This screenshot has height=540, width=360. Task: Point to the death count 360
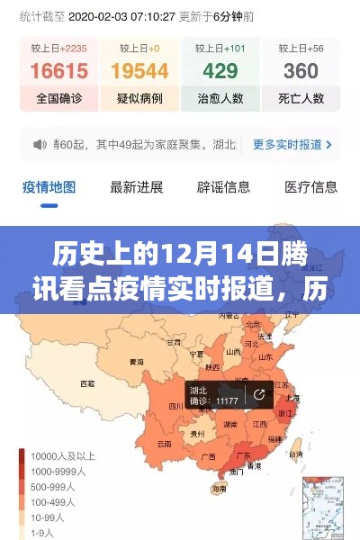coord(301,70)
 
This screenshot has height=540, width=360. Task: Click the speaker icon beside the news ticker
coord(39,144)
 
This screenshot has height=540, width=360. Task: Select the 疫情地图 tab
coord(49,187)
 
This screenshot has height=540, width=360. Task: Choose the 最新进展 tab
coord(136,187)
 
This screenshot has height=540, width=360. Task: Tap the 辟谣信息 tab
coord(223,187)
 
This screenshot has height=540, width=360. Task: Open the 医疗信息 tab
coord(310,187)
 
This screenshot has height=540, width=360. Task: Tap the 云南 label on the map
coord(164,444)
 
